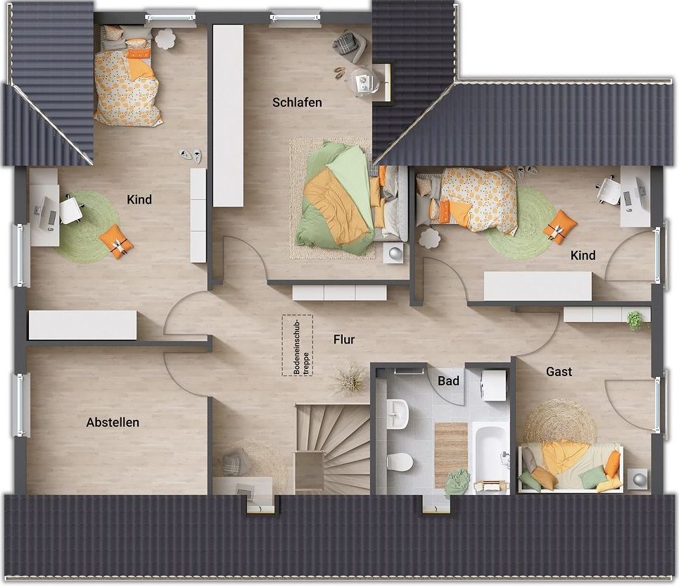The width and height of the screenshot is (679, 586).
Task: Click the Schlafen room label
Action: (x=297, y=102)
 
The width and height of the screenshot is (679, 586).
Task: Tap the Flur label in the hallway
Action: (x=344, y=339)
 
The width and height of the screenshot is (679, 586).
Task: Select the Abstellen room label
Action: (x=113, y=422)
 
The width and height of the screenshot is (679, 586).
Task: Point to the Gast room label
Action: (x=559, y=371)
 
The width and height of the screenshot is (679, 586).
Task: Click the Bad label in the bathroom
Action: (x=448, y=381)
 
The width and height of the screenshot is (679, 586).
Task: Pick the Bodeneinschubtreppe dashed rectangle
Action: (x=297, y=345)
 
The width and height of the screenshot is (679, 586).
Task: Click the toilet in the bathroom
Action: (x=398, y=461)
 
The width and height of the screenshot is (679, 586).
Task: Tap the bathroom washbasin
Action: (x=398, y=413)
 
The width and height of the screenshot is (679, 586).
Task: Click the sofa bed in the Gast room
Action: (x=571, y=468)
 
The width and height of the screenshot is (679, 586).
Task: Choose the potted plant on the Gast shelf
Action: (x=635, y=320)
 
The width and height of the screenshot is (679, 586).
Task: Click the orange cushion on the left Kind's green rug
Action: (x=116, y=242)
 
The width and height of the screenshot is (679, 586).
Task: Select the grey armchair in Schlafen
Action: (x=350, y=45)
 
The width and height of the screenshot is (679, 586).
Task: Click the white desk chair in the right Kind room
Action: (x=609, y=189)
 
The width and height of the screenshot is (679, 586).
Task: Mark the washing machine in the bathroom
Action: (x=494, y=385)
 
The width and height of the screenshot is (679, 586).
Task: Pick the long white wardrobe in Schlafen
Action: (x=228, y=116)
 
